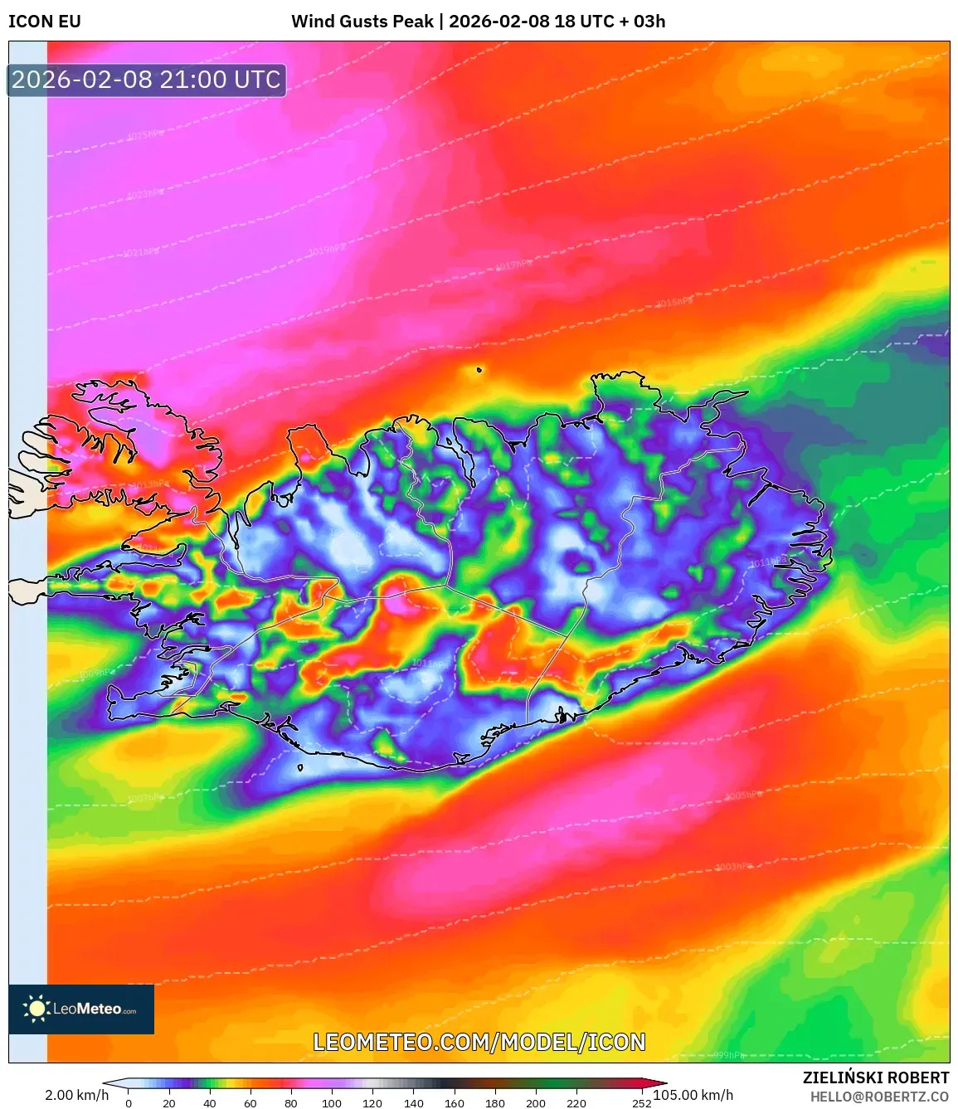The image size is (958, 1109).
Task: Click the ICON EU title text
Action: click(45, 22)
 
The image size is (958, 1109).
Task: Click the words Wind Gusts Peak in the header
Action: click(362, 22)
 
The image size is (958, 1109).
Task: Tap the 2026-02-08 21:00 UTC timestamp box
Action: click(147, 80)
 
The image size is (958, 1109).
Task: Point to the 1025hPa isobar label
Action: click(145, 135)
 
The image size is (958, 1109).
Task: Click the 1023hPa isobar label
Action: click(145, 194)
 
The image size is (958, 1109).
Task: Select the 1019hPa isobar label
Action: click(326, 249)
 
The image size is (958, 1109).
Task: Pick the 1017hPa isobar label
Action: click(513, 265)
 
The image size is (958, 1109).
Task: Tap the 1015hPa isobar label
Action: click(674, 303)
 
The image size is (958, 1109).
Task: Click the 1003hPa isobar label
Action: click(733, 867)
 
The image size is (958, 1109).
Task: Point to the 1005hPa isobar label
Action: click(743, 795)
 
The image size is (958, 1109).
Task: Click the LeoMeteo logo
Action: click(81, 1009)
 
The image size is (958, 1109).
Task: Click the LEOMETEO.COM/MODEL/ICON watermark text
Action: click(479, 1043)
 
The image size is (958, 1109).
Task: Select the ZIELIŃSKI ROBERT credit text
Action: click(875, 1077)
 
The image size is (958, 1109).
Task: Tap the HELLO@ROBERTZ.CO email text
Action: click(879, 1097)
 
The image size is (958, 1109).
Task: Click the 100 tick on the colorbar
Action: click(332, 1103)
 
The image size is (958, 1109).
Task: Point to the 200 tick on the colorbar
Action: click(536, 1103)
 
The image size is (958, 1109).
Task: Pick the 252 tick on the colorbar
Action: click(641, 1103)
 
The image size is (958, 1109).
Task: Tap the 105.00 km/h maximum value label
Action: click(693, 1095)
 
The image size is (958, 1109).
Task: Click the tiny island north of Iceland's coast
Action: click(479, 370)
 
